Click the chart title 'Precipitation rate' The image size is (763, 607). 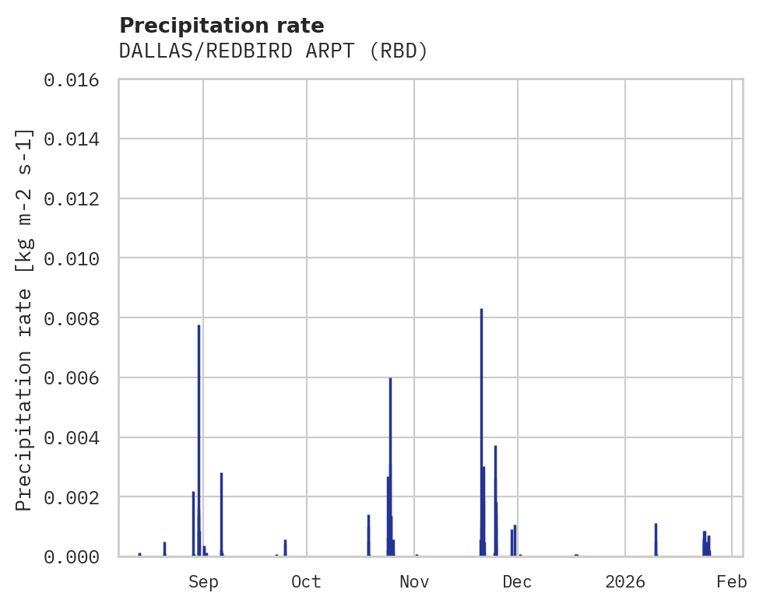click(x=222, y=26)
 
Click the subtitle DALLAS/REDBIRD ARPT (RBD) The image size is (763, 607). click(x=273, y=51)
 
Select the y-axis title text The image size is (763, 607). click(x=24, y=320)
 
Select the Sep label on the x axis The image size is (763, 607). click(x=203, y=582)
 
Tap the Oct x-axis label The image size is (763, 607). click(x=307, y=582)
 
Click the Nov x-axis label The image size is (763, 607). click(x=414, y=582)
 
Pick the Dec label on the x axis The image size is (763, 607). click(x=517, y=582)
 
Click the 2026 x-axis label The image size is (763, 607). click(x=625, y=582)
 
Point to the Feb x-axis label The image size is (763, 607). click(x=732, y=582)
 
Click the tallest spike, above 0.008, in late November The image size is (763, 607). click(x=481, y=428)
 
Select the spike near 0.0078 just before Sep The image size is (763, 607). click(x=199, y=436)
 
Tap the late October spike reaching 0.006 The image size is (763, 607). click(x=390, y=467)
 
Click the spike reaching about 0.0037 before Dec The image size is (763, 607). click(x=495, y=498)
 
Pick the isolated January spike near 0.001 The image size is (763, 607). click(x=656, y=540)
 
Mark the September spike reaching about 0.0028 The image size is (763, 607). click(x=221, y=514)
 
